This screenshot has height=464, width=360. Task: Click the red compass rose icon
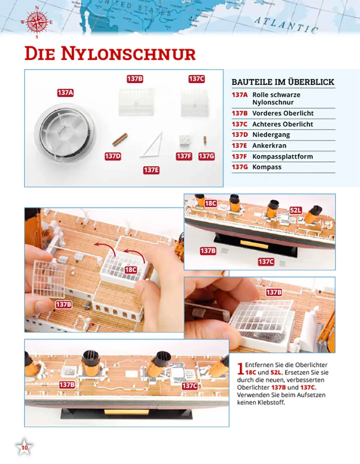[37, 22]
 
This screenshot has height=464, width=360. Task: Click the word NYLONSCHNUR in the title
[128, 54]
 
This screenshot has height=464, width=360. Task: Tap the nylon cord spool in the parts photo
[66, 133]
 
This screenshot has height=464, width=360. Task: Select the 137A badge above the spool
[65, 93]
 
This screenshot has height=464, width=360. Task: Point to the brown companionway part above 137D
[120, 139]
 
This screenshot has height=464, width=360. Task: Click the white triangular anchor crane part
[152, 144]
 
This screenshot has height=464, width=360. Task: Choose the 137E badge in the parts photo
[151, 170]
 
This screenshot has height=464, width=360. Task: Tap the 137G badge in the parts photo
[206, 156]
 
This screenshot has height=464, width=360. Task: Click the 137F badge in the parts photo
[184, 156]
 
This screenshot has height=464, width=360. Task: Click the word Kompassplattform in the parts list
[282, 157]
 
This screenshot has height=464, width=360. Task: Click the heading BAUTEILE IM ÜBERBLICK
[283, 82]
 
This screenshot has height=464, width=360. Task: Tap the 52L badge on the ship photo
[296, 210]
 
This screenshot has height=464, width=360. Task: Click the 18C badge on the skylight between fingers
[130, 270]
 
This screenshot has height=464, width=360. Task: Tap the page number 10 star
[24, 447]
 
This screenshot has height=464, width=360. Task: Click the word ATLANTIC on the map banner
[286, 25]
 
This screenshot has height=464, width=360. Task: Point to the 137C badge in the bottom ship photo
[190, 386]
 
